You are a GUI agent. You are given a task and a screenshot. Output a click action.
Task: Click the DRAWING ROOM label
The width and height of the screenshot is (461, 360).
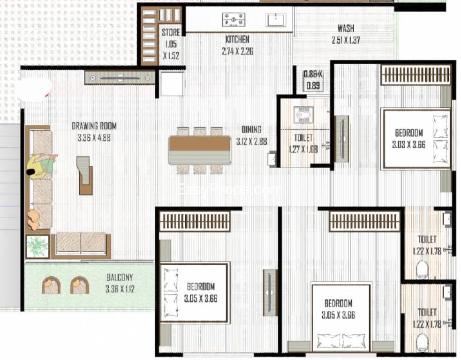click(94, 126)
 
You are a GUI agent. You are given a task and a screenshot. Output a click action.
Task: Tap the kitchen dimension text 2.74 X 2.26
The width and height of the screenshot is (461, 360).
click(237, 51)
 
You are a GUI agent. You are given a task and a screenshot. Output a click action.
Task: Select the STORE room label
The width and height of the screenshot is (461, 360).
click(171, 32)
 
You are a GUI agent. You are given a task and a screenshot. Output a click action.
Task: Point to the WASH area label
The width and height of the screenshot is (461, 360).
click(346, 29)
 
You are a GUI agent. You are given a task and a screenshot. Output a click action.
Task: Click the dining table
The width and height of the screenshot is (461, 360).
click(200, 150)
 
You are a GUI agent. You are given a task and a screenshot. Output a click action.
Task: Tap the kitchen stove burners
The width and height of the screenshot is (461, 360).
click(234, 19)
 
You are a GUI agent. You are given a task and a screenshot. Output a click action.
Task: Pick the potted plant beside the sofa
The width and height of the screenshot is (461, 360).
click(37, 246)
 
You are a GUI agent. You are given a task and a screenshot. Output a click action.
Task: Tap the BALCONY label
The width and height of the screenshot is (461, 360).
click(120, 277)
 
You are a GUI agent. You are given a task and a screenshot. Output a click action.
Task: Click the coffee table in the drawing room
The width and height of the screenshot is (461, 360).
click(84, 175)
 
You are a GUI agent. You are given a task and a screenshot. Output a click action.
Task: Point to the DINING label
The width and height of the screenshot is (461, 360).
click(251, 129)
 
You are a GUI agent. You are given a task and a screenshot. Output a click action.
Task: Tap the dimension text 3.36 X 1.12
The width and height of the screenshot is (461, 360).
click(120, 289)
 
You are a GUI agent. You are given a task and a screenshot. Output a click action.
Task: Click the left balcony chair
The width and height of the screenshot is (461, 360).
click(51, 285)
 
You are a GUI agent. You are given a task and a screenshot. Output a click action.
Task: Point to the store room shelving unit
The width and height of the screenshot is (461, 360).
click(150, 36)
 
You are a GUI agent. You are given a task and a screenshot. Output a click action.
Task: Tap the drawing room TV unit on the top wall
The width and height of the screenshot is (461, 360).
click(120, 77)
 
